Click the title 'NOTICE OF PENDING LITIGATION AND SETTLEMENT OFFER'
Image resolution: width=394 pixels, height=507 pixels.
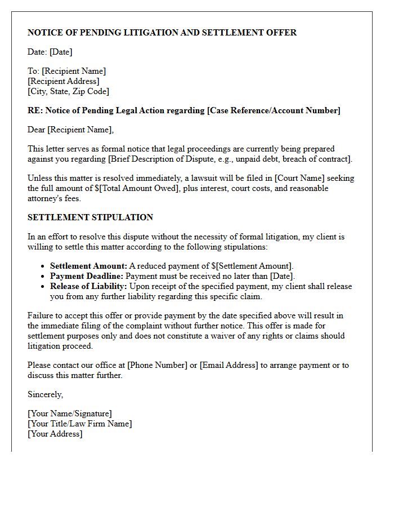pyautogui.click(x=162, y=33)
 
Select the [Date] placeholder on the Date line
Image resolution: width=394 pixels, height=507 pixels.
pyautogui.click(x=61, y=52)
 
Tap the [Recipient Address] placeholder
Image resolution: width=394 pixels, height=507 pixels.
pyautogui.click(x=64, y=81)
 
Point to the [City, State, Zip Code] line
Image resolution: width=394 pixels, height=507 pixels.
pyautogui.click(x=68, y=91)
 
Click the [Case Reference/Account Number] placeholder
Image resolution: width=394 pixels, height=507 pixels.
pyautogui.click(x=274, y=110)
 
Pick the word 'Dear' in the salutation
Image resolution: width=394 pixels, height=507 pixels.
pyautogui.click(x=37, y=130)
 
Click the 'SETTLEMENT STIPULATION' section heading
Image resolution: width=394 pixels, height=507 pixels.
pyautogui.click(x=90, y=217)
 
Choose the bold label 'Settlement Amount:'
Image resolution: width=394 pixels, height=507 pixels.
pyautogui.click(x=88, y=266)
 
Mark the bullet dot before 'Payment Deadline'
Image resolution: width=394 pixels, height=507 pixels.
pyautogui.click(x=43, y=277)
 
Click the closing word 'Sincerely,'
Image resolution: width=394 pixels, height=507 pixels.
pyautogui.click(x=46, y=394)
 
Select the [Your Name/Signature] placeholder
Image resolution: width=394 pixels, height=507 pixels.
pyautogui.click(x=70, y=413)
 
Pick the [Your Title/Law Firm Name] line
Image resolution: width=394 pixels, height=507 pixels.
pyautogui.click(x=80, y=424)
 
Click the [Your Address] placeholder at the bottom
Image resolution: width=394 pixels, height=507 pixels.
pyautogui.click(x=55, y=434)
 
